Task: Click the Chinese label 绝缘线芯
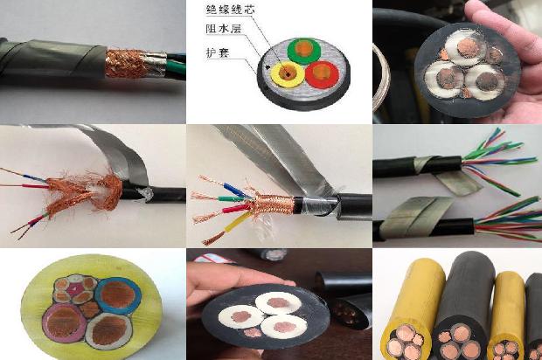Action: point(228,10)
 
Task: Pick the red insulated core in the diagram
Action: point(321,71)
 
